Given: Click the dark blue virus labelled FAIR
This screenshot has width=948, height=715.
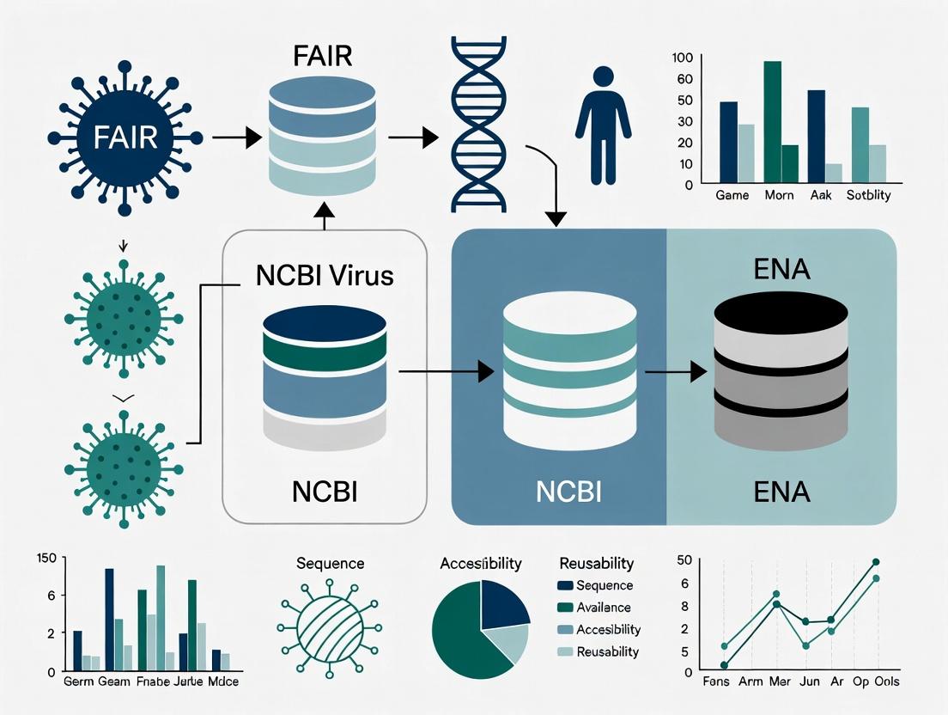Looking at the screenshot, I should coord(125,137).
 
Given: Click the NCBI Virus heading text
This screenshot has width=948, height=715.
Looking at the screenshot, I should coord(325,276).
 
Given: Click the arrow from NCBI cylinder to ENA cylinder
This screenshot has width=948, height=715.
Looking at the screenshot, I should coord(675,372).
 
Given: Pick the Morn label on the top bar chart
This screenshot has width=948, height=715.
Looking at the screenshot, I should coord(780,195).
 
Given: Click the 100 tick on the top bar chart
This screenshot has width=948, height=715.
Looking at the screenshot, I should coord(683,58).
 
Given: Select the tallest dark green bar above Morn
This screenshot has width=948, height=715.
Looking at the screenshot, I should coord(772,120).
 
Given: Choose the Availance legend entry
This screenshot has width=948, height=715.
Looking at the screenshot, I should coord(604,608).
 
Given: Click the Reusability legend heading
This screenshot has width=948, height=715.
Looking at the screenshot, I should coord(596,564).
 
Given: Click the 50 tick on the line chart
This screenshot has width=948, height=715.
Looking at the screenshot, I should coord(684,560).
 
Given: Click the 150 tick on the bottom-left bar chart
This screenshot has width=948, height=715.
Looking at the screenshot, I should coord(46,559).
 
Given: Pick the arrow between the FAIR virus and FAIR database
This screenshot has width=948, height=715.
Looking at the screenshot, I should coord(236,137).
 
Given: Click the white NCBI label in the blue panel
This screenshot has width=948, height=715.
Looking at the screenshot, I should coord(568,492).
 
